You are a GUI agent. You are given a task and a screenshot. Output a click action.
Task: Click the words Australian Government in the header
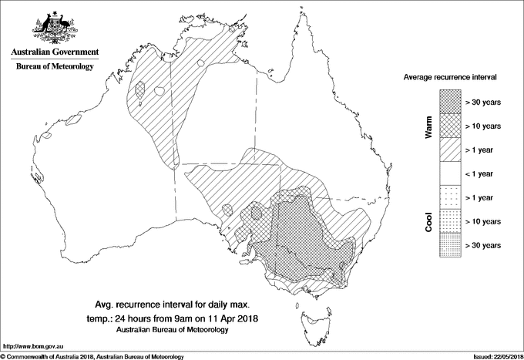coord(54,52)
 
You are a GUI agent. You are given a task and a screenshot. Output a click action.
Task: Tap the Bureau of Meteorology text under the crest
coord(54,67)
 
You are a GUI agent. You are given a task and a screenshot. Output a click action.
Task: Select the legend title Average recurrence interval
coord(450,78)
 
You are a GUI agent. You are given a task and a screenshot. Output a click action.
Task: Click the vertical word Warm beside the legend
coord(428,127)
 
